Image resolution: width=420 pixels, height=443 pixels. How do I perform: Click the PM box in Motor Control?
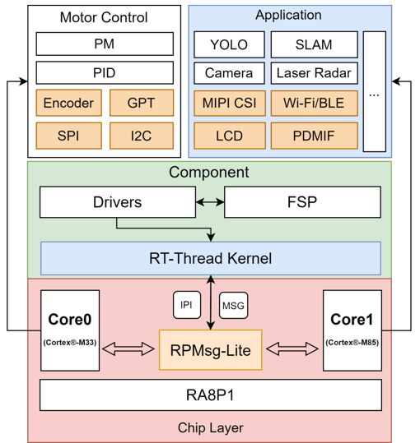pyautogui.click(x=105, y=44)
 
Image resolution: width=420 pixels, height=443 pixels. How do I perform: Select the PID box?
pyautogui.click(x=105, y=72)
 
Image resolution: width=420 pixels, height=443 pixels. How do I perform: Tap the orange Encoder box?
pyautogui.click(x=68, y=103)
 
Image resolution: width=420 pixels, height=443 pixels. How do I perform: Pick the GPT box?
pyautogui.click(x=141, y=103)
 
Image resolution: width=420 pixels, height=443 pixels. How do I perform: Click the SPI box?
pyautogui.click(x=68, y=135)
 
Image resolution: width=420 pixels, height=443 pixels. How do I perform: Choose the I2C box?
pyautogui.click(x=141, y=135)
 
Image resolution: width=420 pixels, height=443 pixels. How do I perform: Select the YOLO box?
pyautogui.click(x=229, y=44)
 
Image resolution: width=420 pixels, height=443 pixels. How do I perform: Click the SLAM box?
pyautogui.click(x=314, y=44)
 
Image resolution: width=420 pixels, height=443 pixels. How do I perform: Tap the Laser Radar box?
pyautogui.click(x=314, y=73)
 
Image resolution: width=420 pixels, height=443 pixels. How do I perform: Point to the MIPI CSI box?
pyautogui.click(x=229, y=104)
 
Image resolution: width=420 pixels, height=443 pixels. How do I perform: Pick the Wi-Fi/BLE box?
pyautogui.click(x=314, y=104)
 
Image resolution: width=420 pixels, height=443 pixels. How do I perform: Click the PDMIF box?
pyautogui.click(x=314, y=135)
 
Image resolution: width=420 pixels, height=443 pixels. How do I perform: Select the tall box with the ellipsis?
pyautogui.click(x=374, y=91)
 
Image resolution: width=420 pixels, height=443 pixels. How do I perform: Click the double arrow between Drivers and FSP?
pyautogui.click(x=209, y=201)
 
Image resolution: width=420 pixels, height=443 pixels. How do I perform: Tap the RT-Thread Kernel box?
pyautogui.click(x=211, y=258)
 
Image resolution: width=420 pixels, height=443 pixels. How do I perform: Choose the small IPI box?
pyautogui.click(x=186, y=305)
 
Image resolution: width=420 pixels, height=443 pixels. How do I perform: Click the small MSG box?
pyautogui.click(x=233, y=305)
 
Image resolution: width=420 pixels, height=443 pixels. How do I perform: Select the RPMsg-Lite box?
pyautogui.click(x=210, y=349)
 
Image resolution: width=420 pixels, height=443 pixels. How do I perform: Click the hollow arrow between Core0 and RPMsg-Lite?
pyautogui.click(x=129, y=349)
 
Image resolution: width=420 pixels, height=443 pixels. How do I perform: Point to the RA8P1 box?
pyautogui.click(x=211, y=395)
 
